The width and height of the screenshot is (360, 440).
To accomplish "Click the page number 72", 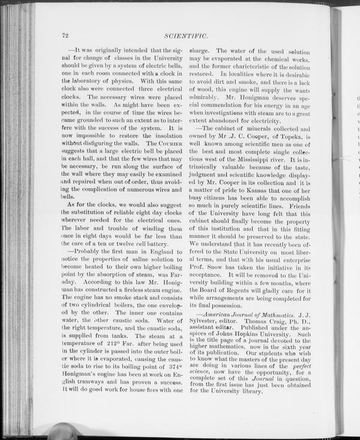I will coord(65,35).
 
